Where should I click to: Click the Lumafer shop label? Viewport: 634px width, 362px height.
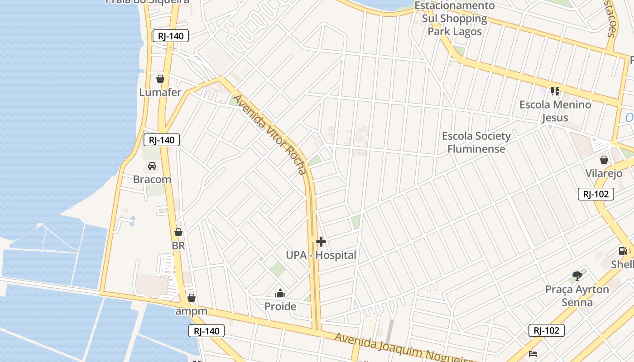[x=160, y=92]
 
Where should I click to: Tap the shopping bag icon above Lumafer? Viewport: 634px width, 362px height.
[x=160, y=79]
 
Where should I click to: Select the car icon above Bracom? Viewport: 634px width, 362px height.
[x=152, y=166]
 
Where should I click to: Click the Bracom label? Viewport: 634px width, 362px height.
[x=152, y=179]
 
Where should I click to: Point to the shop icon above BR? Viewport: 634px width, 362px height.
[x=178, y=233]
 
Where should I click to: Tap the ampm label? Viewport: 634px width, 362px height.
[x=191, y=311]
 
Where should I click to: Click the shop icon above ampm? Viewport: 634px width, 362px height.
[x=192, y=298]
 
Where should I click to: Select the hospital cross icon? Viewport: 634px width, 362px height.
[x=321, y=242]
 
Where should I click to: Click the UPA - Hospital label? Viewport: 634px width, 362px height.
[x=321, y=255]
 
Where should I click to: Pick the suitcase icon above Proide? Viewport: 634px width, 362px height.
[x=280, y=294]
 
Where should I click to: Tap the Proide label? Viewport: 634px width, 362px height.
[x=280, y=306]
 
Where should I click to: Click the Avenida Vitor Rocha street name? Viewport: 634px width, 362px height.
[x=270, y=134]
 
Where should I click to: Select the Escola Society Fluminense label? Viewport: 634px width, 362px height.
[x=476, y=142]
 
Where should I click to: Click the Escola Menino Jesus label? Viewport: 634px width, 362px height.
[x=555, y=111]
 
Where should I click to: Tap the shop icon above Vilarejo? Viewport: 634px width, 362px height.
[x=604, y=160]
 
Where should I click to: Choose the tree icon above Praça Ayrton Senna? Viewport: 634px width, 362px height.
[x=577, y=276]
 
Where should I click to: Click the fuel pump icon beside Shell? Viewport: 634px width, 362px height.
[x=623, y=251]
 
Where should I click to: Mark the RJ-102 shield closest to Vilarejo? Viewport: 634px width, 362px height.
[x=596, y=195]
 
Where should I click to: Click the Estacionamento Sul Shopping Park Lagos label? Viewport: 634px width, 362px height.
[x=455, y=19]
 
